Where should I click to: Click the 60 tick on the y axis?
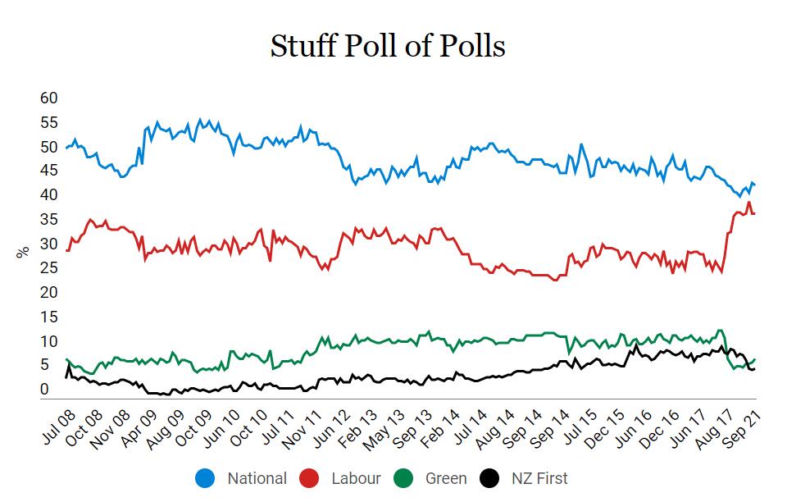click(49, 98)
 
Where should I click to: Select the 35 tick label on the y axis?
click(49, 220)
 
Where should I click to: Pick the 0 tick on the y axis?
click(44, 390)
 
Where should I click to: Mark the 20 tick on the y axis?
click(49, 293)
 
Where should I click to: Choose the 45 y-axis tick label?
click(49, 171)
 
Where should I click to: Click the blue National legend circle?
click(205, 478)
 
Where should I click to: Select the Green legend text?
click(446, 478)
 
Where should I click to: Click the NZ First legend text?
click(538, 478)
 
